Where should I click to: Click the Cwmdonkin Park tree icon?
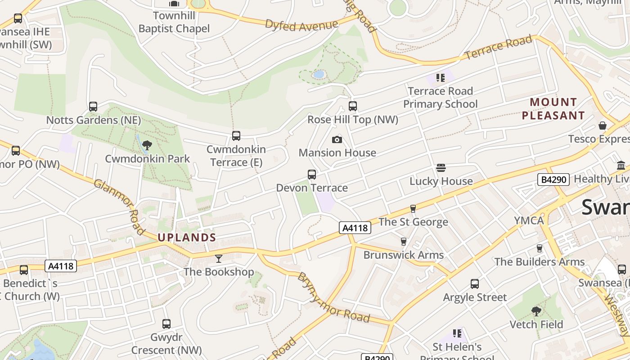(147, 145)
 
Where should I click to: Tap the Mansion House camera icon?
(337, 139)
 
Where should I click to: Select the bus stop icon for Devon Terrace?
(311, 174)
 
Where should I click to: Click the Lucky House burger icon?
(441, 168)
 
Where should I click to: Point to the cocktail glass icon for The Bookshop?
(219, 258)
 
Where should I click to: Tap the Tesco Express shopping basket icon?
(603, 125)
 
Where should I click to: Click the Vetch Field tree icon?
(536, 311)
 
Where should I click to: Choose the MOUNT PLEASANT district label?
(553, 109)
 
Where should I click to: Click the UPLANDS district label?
(187, 238)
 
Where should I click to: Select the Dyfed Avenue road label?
(301, 25)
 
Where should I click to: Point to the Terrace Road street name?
(498, 48)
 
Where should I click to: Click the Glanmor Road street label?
(119, 207)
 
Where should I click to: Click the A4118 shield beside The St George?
(355, 228)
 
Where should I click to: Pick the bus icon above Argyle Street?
(475, 283)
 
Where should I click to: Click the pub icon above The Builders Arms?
(539, 248)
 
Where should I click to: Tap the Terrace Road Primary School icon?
(440, 77)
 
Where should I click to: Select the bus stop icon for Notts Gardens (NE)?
(93, 107)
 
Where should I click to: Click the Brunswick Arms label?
(404, 255)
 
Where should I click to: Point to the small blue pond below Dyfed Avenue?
(319, 74)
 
